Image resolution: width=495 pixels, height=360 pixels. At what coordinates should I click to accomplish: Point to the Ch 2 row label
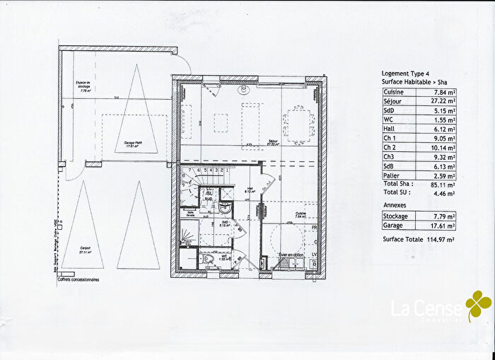(x=391, y=147)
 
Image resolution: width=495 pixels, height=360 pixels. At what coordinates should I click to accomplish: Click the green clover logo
(x=478, y=305)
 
